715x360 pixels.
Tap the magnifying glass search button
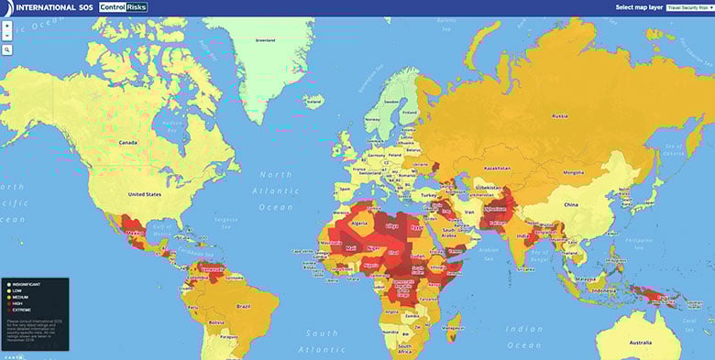[7, 49]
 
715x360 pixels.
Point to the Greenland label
[266, 40]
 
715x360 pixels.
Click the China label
[570, 204]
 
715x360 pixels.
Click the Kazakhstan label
[497, 169]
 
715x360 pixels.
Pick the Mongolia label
[572, 172]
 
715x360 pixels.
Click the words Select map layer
[638, 7]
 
